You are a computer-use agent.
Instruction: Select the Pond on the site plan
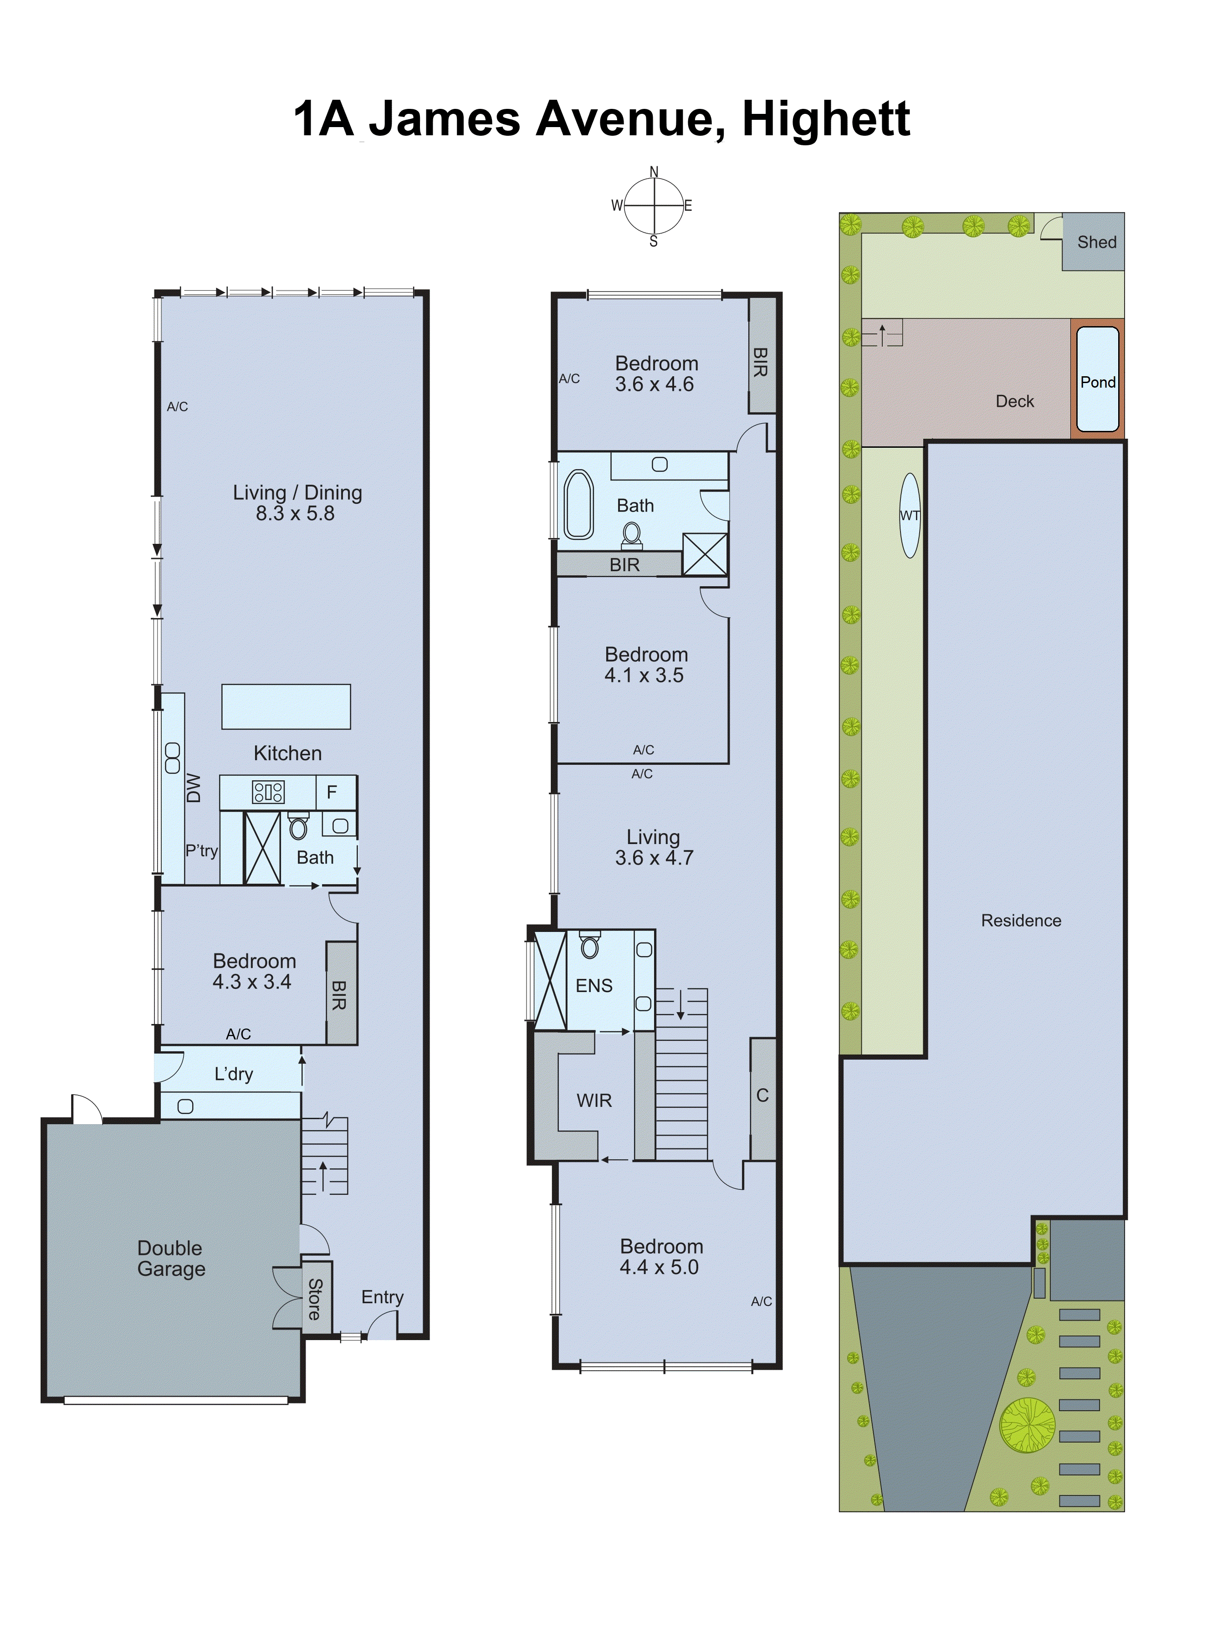click(1097, 380)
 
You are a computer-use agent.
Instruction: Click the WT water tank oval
click(910, 515)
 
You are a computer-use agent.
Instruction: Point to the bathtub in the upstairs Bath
click(578, 504)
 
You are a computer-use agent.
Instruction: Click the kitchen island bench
click(286, 706)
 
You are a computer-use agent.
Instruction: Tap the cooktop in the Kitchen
click(268, 792)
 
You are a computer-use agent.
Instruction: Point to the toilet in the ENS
click(590, 946)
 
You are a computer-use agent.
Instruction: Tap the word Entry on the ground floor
click(382, 1297)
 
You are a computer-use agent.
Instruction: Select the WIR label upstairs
click(594, 1101)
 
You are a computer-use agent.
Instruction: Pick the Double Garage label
click(171, 1258)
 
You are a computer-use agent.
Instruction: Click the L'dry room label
click(233, 1074)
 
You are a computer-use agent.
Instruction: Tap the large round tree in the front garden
click(1027, 1425)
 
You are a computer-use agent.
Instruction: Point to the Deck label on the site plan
click(1014, 401)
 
